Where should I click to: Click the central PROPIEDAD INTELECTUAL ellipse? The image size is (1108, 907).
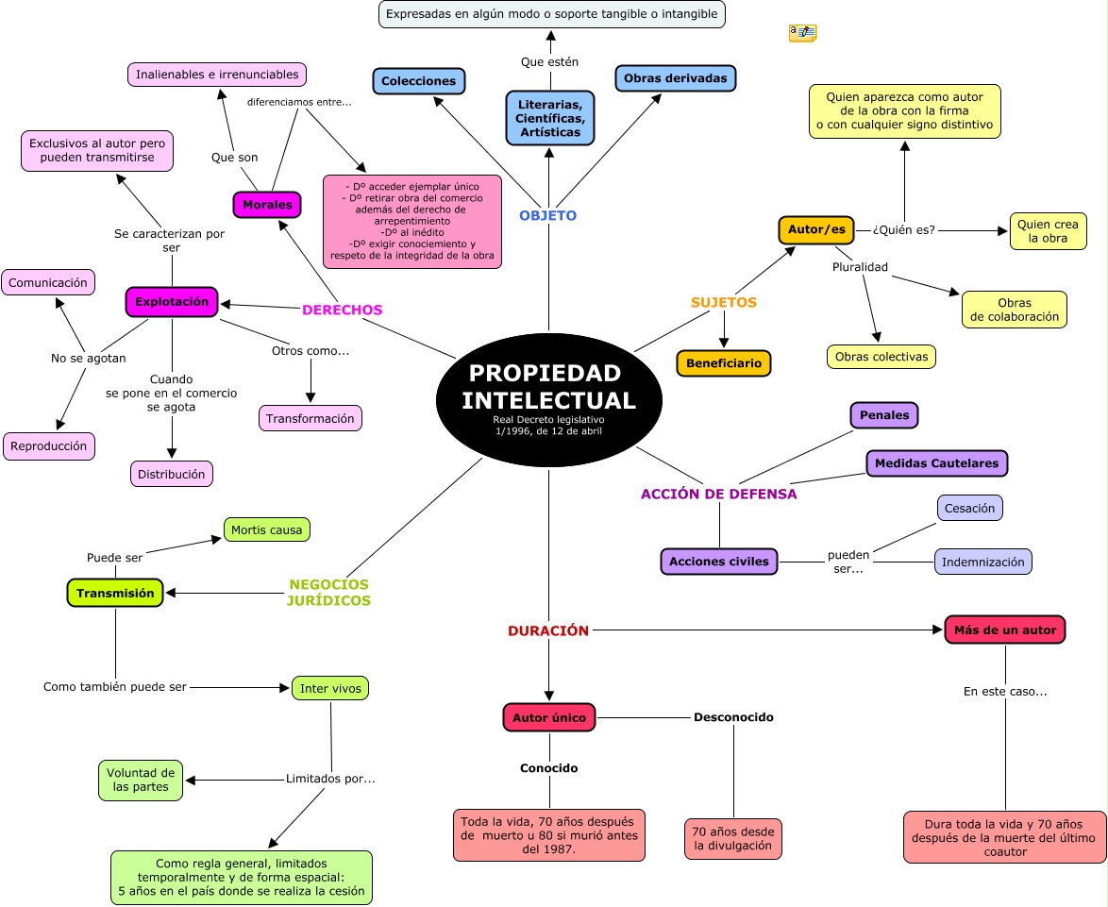[x=548, y=400]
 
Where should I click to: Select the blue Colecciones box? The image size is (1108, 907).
[x=418, y=81]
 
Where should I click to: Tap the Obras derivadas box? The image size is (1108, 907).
[x=675, y=78]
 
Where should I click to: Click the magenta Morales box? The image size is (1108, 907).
[x=267, y=205]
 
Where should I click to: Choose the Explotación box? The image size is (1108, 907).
[x=172, y=302]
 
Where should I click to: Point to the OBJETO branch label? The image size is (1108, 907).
[x=547, y=215]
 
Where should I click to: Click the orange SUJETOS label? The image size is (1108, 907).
[x=724, y=303]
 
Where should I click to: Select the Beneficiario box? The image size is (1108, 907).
[x=724, y=363]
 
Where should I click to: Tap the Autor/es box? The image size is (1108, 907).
[x=815, y=229]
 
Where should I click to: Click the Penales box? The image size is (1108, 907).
[x=884, y=415]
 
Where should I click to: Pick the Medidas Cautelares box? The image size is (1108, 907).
[x=936, y=463]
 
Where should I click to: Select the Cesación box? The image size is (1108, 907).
[x=969, y=508]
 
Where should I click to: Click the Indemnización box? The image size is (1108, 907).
[x=982, y=562]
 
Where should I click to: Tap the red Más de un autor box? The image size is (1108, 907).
[x=1004, y=630]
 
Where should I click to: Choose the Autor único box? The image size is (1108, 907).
[x=549, y=717]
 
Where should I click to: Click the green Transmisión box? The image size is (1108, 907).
[x=115, y=593]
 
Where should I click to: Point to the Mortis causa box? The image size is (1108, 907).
[x=266, y=529]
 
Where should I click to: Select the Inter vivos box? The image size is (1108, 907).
[x=330, y=688]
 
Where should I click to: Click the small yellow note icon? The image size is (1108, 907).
[x=802, y=33]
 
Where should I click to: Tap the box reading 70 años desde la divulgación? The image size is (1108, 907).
[x=732, y=839]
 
